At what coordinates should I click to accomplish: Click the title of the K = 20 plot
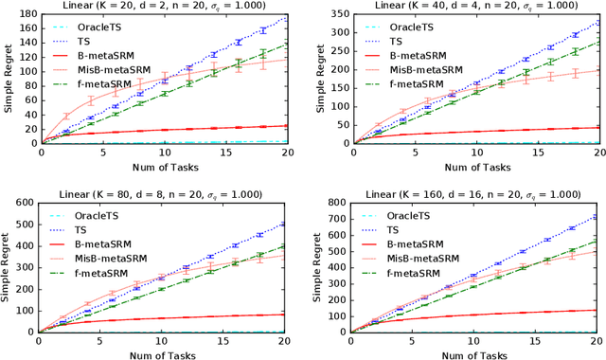pos(165,7)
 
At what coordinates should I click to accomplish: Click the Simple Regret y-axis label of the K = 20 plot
pos(8,80)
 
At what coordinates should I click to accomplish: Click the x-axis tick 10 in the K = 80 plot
pos(165,342)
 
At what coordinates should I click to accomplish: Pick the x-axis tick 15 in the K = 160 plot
pos(540,342)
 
